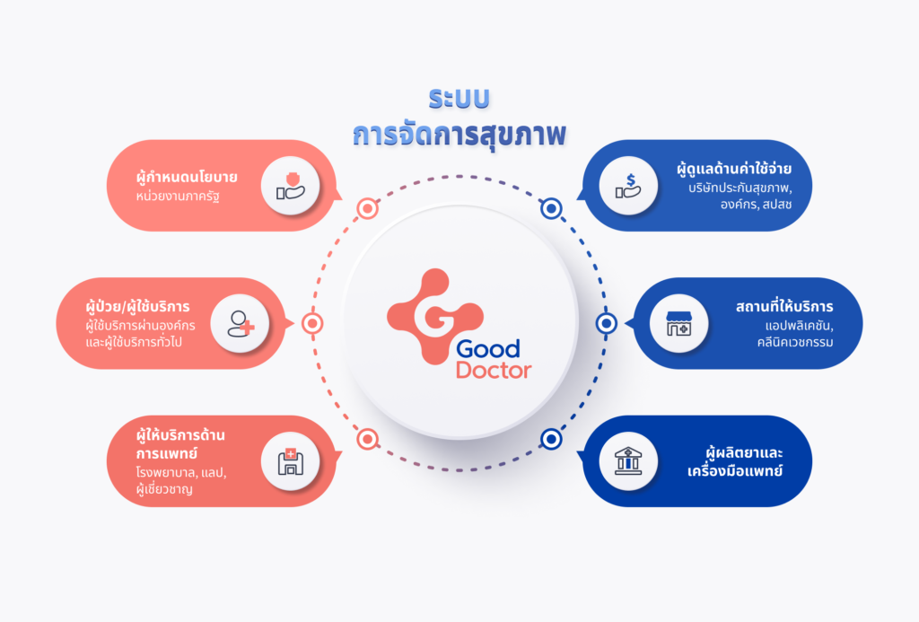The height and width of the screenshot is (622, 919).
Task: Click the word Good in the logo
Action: point(487,349)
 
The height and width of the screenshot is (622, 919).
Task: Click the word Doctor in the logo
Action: point(494,371)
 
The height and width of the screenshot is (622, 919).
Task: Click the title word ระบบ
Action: point(459,99)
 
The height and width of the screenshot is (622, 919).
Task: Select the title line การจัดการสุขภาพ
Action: point(459,135)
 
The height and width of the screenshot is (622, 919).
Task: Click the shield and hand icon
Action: point(290,186)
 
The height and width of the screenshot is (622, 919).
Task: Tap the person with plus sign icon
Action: point(241,324)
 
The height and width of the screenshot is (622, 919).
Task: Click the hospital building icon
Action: point(290,462)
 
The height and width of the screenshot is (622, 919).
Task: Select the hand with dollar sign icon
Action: point(627,186)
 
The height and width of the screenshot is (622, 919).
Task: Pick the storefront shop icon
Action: point(678,324)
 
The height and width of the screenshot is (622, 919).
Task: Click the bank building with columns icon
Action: point(627,460)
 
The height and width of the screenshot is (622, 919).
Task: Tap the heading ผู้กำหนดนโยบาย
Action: point(187,177)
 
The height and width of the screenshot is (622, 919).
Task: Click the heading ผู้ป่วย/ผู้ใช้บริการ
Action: point(137,306)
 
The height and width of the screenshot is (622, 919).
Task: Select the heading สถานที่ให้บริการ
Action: point(784,306)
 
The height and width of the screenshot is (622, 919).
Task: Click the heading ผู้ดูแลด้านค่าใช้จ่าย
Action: point(734,169)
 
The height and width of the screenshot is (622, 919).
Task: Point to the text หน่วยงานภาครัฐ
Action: point(178,197)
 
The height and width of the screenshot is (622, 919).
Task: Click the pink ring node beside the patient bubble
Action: point(312,323)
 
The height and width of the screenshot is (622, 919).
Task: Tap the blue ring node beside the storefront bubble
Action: point(607,323)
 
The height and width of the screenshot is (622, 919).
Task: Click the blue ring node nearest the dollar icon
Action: point(551,208)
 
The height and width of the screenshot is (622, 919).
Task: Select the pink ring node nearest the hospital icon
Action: point(367,439)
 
